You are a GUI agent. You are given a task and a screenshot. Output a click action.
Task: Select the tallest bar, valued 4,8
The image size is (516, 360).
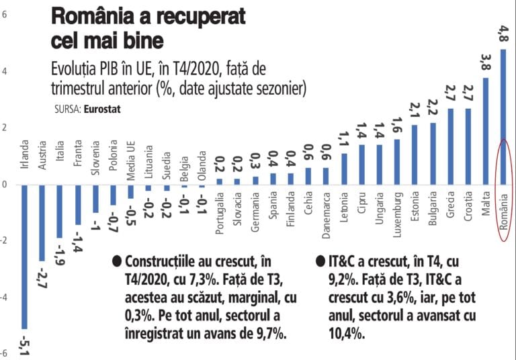[503, 117]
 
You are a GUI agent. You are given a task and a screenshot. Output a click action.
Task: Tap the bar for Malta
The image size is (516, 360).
[486, 131]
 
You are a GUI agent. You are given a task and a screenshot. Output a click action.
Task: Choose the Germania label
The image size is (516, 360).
[255, 214]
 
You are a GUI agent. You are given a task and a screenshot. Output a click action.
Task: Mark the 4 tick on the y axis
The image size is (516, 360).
[4, 71]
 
